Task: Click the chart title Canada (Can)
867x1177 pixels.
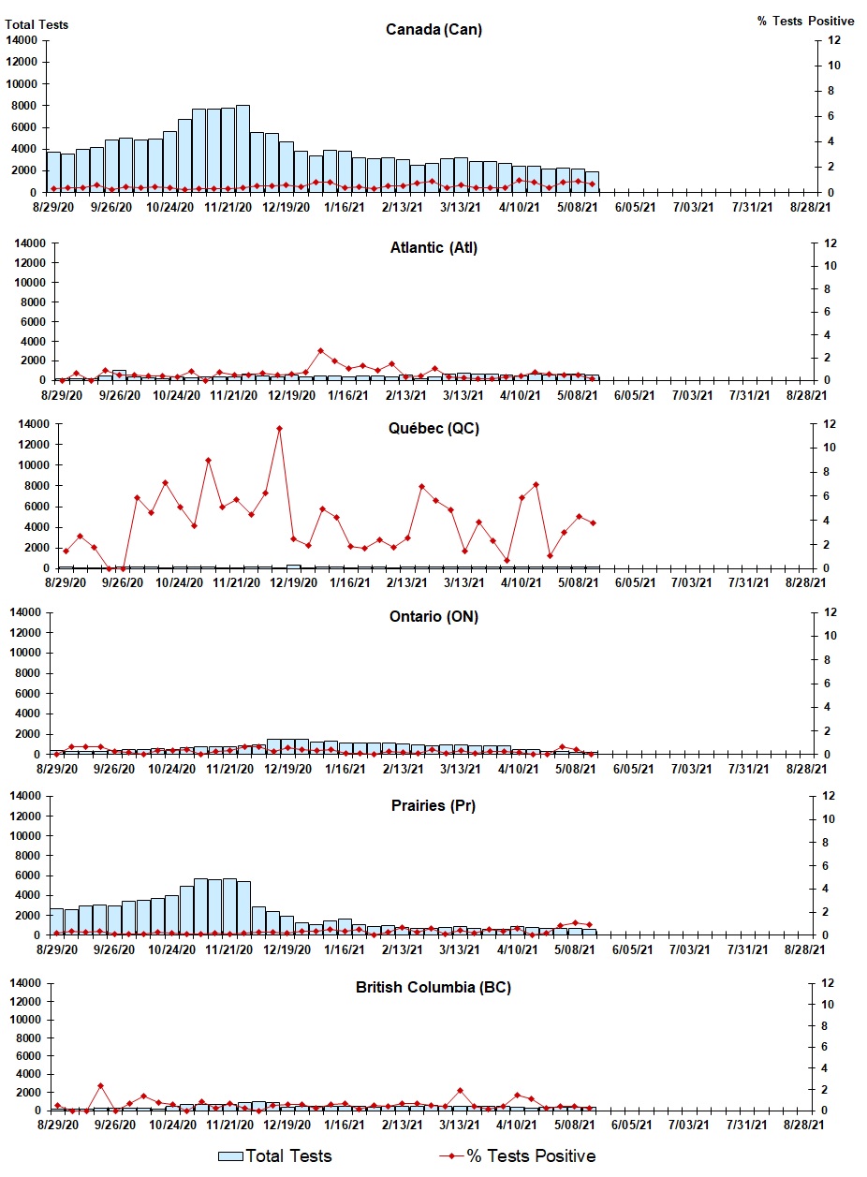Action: pos(433,29)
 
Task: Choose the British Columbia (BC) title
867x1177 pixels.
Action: pos(433,987)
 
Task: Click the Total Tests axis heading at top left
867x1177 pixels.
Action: pos(37,24)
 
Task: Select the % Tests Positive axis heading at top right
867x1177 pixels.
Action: pos(805,21)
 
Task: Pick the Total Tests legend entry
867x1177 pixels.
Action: pos(275,1155)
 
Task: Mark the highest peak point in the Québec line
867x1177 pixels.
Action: pos(279,429)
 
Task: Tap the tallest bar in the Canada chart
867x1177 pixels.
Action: pos(242,149)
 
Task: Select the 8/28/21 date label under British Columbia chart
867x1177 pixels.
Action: pos(806,1124)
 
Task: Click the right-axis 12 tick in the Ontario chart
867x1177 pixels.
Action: pos(827,612)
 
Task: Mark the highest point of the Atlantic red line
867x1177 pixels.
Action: pos(320,351)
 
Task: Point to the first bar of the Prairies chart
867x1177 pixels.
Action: pos(56,921)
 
